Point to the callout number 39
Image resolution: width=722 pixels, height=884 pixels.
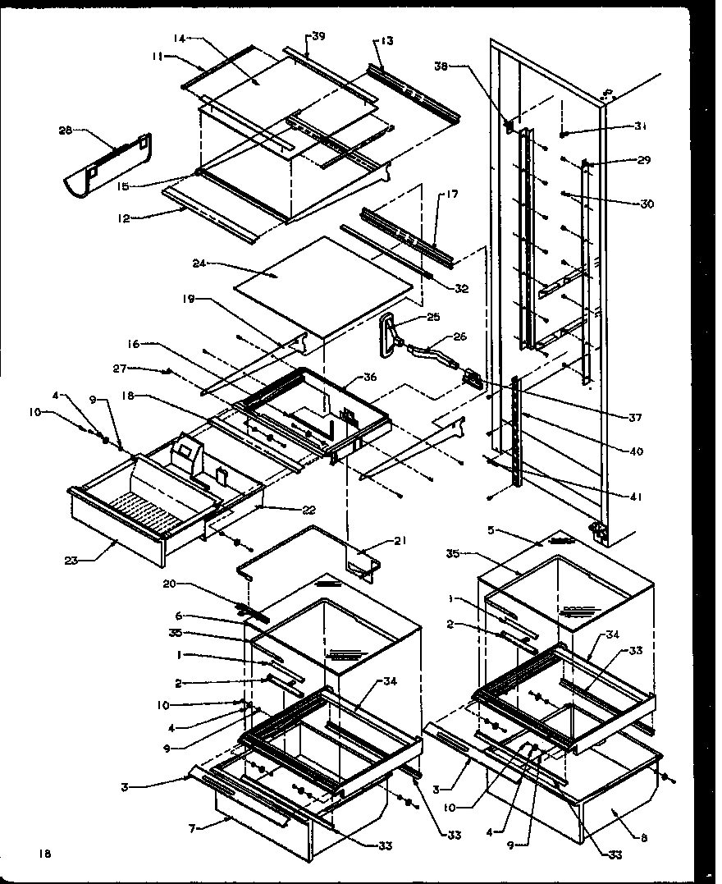(318, 36)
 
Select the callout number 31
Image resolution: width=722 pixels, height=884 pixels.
(641, 126)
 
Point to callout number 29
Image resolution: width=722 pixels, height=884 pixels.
(643, 160)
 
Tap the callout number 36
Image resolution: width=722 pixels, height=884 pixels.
(370, 378)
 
